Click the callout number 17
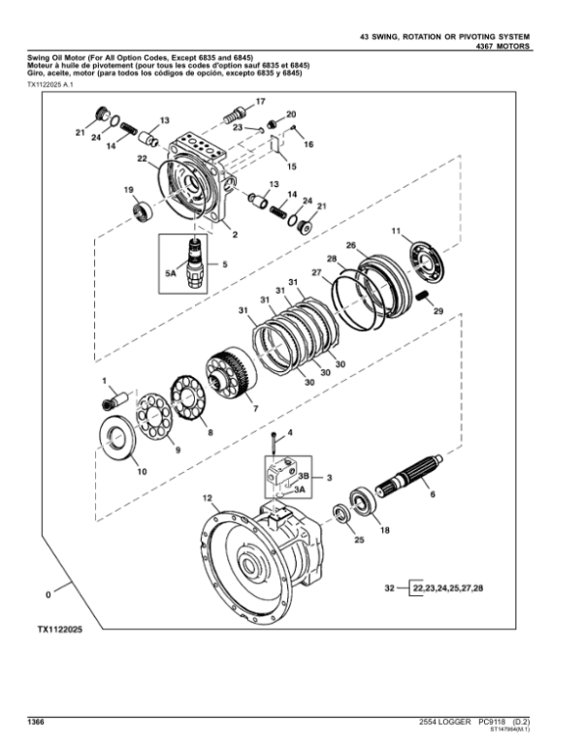pyautogui.click(x=259, y=102)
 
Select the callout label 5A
pyautogui.click(x=172, y=275)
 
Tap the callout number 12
pyautogui.click(x=208, y=498)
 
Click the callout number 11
pyautogui.click(x=396, y=231)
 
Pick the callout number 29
pyautogui.click(x=437, y=311)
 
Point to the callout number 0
pyautogui.click(x=48, y=592)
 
